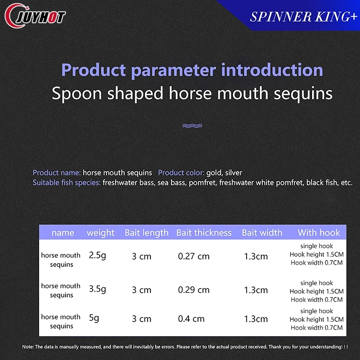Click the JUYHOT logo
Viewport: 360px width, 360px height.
[35, 16]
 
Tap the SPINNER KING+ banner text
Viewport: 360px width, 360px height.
[303, 17]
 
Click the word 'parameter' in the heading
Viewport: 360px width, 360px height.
[173, 70]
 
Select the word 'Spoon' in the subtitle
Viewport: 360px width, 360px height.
[76, 94]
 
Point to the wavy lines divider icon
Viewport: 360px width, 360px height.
[192, 126]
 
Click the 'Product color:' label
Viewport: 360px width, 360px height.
[181, 173]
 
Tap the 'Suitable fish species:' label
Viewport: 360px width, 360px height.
[67, 183]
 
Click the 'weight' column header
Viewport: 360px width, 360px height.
[100, 233]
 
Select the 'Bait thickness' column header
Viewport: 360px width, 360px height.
[204, 233]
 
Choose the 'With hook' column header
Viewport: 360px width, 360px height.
[319, 233]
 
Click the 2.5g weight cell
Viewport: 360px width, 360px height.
[97, 255]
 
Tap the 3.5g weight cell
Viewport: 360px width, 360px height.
[97, 289]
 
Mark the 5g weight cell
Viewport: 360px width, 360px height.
[94, 318]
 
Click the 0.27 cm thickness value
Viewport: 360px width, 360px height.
[194, 256]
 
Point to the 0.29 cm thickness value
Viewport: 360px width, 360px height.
[194, 290]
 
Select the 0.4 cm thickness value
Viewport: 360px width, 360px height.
[191, 319]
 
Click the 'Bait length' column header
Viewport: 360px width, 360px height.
[147, 233]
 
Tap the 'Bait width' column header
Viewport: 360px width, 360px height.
[262, 233]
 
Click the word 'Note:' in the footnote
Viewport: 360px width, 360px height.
[28, 346]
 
